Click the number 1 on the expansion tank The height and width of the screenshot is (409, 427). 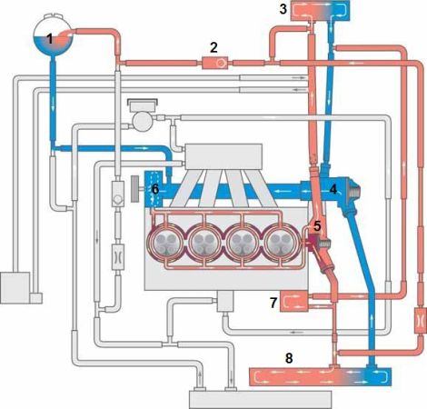tap(50, 39)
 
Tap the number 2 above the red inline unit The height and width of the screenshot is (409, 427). tap(213, 48)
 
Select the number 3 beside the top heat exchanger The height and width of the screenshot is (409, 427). tap(283, 9)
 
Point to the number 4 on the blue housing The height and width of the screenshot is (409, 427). tap(333, 190)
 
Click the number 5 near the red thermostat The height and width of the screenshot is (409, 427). tap(317, 225)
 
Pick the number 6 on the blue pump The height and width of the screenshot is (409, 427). tap(155, 190)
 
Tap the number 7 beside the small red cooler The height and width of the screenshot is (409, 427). tap(273, 303)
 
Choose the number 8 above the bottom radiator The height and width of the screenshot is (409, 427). tap(289, 358)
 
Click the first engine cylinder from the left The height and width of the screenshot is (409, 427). tap(164, 243)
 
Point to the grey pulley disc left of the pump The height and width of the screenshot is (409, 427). tap(134, 189)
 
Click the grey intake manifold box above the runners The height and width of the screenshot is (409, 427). tap(223, 156)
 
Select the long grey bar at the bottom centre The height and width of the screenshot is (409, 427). tap(260, 400)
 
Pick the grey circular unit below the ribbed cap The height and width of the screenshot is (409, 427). tap(142, 121)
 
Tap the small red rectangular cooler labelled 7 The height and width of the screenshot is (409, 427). tap(293, 301)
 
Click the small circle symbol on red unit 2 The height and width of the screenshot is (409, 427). tap(221, 63)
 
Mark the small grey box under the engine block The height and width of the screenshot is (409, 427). tap(225, 301)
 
